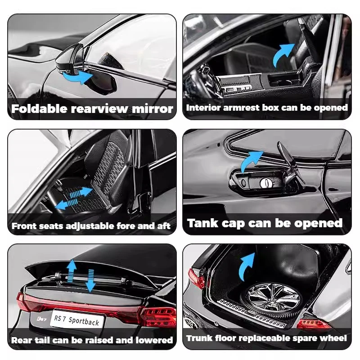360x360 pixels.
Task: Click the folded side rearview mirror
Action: (x=71, y=60)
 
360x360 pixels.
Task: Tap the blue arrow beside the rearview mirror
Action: (x=77, y=77)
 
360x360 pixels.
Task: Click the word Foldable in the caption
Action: (x=39, y=108)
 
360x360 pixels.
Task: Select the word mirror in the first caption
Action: (x=153, y=109)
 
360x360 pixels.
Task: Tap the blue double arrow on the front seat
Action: (x=74, y=198)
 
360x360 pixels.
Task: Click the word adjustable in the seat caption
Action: (x=90, y=226)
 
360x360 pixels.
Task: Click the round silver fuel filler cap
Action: (x=266, y=183)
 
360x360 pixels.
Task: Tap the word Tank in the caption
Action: (x=202, y=223)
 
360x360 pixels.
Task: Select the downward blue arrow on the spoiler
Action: (x=90, y=280)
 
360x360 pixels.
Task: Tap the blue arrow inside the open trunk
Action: (x=246, y=266)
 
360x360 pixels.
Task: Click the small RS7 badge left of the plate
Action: (x=41, y=319)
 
